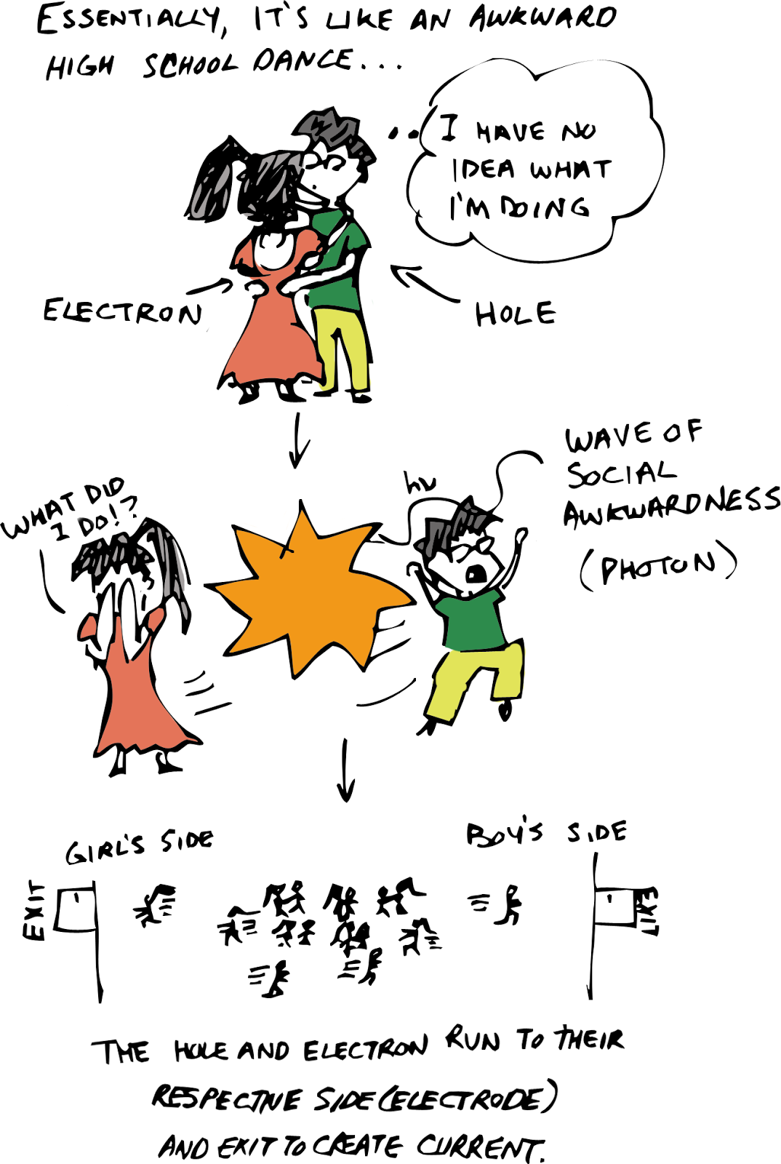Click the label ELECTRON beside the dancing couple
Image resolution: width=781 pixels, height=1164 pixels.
point(122,311)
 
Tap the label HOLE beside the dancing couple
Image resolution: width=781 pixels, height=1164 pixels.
point(515,314)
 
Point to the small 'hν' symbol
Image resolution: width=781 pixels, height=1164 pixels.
point(420,483)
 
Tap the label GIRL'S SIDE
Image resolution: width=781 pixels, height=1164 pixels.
point(140,846)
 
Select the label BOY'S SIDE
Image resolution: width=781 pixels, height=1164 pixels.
point(545,833)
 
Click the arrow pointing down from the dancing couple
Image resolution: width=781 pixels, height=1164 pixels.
point(298,442)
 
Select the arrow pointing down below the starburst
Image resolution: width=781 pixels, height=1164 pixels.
point(346,771)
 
